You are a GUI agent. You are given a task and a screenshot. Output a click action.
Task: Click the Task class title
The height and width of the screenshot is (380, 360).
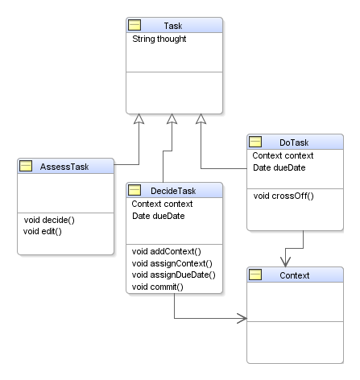pyautogui.click(x=173, y=26)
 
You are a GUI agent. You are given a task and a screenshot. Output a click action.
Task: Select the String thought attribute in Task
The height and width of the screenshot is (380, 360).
pyautogui.click(x=159, y=39)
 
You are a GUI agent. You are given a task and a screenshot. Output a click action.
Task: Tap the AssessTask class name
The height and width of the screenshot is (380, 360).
pyautogui.click(x=64, y=167)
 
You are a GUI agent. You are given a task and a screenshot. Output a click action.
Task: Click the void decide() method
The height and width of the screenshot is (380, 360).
pyautogui.click(x=49, y=220)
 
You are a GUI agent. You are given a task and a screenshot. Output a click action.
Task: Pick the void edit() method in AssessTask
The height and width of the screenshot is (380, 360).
pyautogui.click(x=43, y=231)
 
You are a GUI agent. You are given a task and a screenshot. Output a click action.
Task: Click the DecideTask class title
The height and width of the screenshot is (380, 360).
pyautogui.click(x=173, y=191)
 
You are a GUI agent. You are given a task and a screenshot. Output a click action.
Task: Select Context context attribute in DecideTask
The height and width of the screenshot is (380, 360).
pyautogui.click(x=162, y=204)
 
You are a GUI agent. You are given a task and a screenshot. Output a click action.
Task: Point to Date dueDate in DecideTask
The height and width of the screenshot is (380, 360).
pyautogui.click(x=159, y=216)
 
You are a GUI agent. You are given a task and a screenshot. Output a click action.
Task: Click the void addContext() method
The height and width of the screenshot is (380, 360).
pyautogui.click(x=167, y=251)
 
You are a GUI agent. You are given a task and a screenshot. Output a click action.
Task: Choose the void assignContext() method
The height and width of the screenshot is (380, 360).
pyautogui.click(x=172, y=263)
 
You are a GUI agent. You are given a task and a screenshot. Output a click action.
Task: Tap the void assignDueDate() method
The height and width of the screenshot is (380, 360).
pyautogui.click(x=174, y=275)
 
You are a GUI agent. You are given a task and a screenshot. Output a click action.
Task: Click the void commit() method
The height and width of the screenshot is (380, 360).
pyautogui.click(x=158, y=287)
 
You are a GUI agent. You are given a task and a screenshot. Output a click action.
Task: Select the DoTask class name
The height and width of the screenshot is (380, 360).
pyautogui.click(x=294, y=142)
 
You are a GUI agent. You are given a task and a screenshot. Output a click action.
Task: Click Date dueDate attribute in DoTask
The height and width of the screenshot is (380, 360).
pyautogui.click(x=279, y=167)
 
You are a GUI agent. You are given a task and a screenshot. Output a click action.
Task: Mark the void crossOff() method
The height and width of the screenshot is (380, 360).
pyautogui.click(x=283, y=196)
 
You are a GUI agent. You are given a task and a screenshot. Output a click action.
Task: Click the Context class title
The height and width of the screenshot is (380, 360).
pyautogui.click(x=295, y=275)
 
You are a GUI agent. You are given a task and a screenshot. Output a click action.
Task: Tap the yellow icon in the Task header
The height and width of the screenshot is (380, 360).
pyautogui.click(x=134, y=25)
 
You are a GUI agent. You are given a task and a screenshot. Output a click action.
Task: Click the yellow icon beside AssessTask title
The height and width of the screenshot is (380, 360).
pyautogui.click(x=26, y=166)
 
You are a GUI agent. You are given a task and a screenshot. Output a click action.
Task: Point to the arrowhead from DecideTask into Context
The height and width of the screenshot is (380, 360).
pyautogui.click(x=242, y=319)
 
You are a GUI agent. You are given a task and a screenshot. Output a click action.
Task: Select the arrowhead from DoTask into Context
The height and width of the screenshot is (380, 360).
pyautogui.click(x=285, y=262)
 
